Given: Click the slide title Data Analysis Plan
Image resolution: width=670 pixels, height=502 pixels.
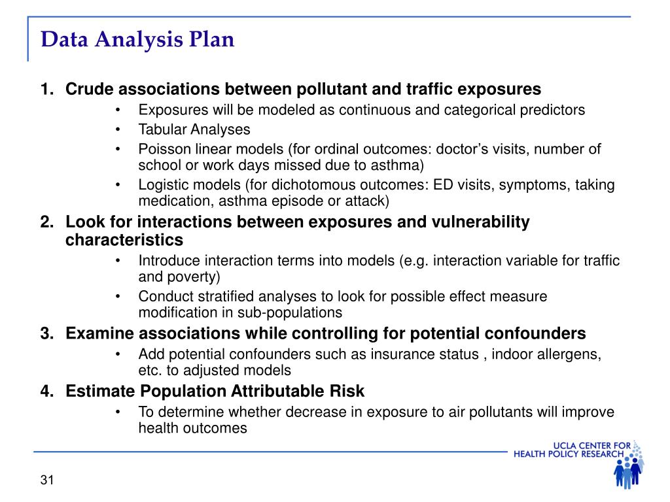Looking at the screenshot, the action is [x=137, y=40].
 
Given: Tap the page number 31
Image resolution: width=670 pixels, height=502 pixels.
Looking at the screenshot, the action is [x=47, y=480].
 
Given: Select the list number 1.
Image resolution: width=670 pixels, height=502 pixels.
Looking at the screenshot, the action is [x=47, y=89].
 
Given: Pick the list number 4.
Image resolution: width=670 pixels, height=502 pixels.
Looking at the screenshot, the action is [x=47, y=391].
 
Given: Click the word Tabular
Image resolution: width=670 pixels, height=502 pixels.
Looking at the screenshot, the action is [x=162, y=129].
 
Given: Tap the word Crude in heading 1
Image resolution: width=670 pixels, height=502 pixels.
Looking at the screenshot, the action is [x=89, y=89].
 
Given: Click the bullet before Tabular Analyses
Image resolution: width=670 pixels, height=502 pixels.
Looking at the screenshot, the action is [x=118, y=130].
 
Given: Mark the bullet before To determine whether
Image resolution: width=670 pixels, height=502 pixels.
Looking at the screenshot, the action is [x=118, y=412].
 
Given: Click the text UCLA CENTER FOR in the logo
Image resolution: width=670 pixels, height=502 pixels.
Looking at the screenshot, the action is [x=591, y=446].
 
